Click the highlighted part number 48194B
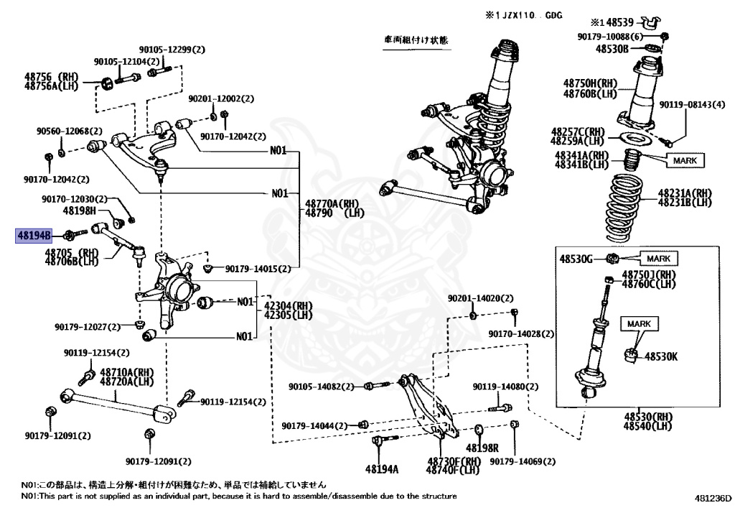34,235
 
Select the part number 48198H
79,211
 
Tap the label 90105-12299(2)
172,50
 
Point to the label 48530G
576,259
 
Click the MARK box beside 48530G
659,259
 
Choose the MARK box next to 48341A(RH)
685,160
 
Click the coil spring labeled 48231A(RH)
627,208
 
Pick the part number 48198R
482,448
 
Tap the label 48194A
382,468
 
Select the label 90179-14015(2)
258,269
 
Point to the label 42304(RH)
289,306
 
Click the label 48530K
661,357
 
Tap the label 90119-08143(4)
692,105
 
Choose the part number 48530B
612,48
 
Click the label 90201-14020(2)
480,298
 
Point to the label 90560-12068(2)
70,131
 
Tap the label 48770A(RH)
332,203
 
